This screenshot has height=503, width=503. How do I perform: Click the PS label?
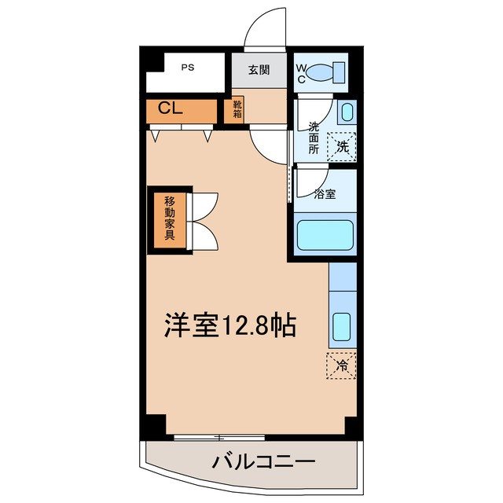(x=188, y=68)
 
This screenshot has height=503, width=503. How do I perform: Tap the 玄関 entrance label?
(x=259, y=70)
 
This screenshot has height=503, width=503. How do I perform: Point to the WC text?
(x=301, y=72)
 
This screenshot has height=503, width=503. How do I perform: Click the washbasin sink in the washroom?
(x=347, y=111)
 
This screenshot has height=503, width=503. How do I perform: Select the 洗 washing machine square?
(x=342, y=145)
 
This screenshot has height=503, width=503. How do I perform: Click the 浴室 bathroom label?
(x=325, y=193)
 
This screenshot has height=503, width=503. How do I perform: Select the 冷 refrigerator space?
(x=341, y=366)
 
